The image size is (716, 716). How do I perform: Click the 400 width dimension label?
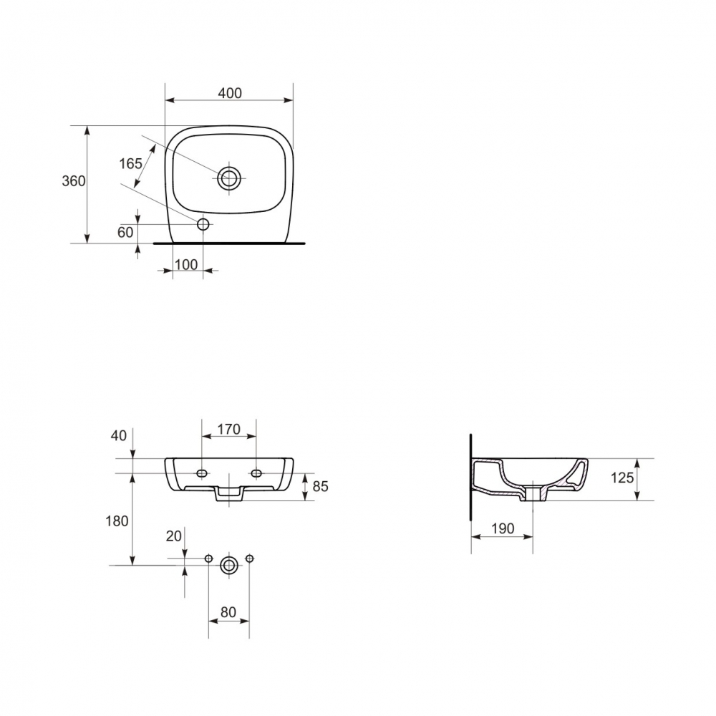point(230,93)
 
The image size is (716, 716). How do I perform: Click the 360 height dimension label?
point(74,181)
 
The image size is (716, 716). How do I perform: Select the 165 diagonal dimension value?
point(130,163)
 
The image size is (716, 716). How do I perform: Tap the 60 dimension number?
point(125,233)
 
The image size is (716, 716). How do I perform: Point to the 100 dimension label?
point(186,265)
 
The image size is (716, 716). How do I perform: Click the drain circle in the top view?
point(229,178)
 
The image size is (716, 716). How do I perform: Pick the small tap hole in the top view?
point(203,224)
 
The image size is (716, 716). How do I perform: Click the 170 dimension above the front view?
point(228,429)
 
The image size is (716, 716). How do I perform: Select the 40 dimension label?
point(119,435)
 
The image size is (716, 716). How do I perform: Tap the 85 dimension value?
point(321,487)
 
